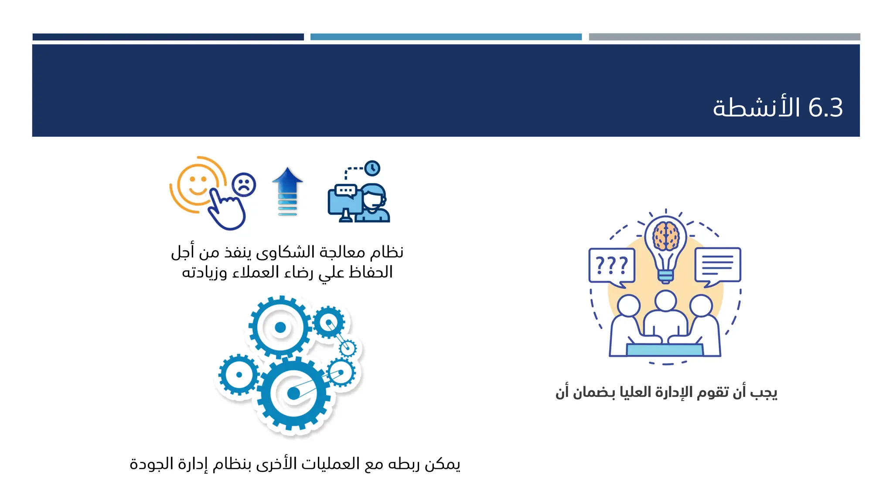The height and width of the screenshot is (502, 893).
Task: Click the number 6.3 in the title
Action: click(825, 108)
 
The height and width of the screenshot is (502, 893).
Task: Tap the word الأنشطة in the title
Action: click(757, 108)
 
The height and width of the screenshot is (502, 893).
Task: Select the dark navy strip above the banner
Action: click(168, 37)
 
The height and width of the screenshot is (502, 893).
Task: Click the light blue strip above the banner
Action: click(446, 37)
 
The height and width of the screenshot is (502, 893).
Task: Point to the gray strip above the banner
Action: click(724, 37)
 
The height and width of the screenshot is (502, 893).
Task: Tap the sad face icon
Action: click(244, 185)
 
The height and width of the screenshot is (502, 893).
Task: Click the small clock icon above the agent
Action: click(372, 168)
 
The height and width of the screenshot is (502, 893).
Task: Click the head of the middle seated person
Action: click(665, 301)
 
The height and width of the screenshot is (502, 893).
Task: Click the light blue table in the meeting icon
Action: click(665, 349)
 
